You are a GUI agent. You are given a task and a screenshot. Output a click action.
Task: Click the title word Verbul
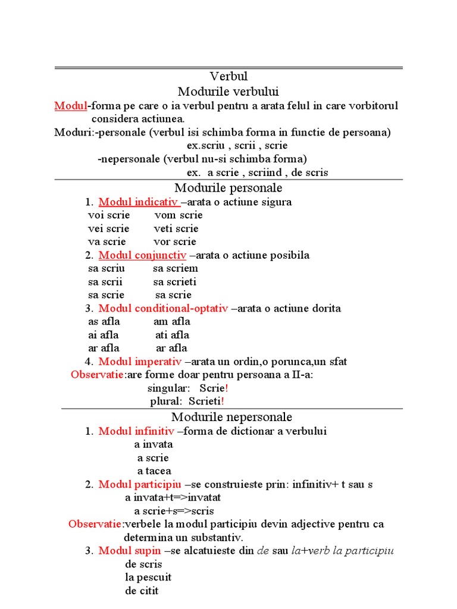tap(228, 77)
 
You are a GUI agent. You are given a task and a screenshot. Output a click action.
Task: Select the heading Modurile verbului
tap(228, 92)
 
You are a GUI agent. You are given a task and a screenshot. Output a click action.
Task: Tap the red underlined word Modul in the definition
tap(70, 106)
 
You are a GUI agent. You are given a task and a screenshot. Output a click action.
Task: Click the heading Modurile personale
tap(228, 188)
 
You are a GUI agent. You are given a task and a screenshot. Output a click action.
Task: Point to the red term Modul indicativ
tap(134, 202)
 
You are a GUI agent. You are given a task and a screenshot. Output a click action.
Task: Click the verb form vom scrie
tap(179, 215)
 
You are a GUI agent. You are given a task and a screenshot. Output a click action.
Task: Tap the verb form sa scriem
tap(176, 269)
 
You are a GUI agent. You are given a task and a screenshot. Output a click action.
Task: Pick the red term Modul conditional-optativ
tap(163, 309)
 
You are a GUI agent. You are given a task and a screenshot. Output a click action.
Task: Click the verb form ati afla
tap(172, 335)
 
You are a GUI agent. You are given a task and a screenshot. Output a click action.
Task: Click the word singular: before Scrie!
tap(169, 388)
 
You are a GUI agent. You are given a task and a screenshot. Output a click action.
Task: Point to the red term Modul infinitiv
tap(136, 431)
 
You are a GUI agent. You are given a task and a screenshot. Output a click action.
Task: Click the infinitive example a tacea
tap(154, 471)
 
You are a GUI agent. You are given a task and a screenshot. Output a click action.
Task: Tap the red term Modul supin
tap(130, 551)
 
